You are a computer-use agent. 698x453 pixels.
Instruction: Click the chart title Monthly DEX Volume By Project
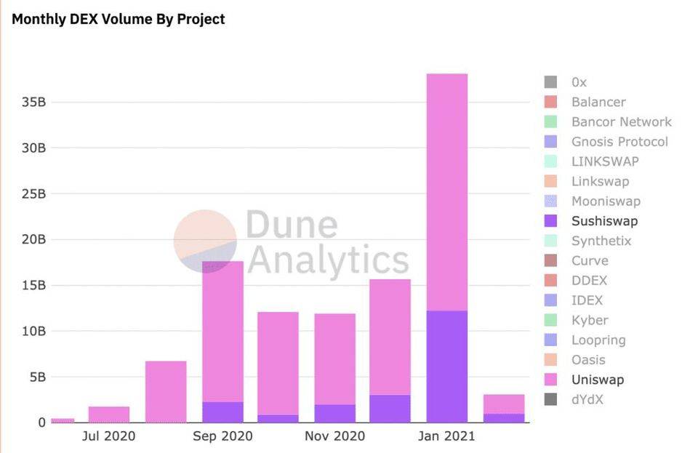coord(119,20)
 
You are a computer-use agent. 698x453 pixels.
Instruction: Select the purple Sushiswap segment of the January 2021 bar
coord(446,366)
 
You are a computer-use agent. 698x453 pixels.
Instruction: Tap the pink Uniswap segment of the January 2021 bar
coord(446,192)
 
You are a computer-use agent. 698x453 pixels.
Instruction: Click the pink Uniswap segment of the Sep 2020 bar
coord(222,331)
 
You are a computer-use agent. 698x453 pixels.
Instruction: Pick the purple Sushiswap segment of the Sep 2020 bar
coord(222,412)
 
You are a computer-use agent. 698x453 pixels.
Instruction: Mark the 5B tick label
coord(37,377)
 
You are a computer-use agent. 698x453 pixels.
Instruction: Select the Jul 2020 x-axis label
coord(108,436)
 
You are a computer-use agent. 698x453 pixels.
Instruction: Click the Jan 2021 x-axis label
coord(446,436)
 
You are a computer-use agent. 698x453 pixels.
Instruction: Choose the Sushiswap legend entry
coord(603,221)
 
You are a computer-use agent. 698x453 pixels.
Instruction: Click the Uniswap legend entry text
coord(597,380)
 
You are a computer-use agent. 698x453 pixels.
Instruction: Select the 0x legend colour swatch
coord(550,82)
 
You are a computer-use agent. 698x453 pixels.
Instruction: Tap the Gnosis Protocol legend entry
coord(619,142)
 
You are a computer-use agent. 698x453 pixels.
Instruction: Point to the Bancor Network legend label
coord(621,122)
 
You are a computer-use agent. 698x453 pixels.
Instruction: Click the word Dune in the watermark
coord(291,225)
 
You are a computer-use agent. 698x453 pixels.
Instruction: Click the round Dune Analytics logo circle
coord(205,241)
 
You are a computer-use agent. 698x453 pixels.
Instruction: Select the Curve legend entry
coord(590,260)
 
